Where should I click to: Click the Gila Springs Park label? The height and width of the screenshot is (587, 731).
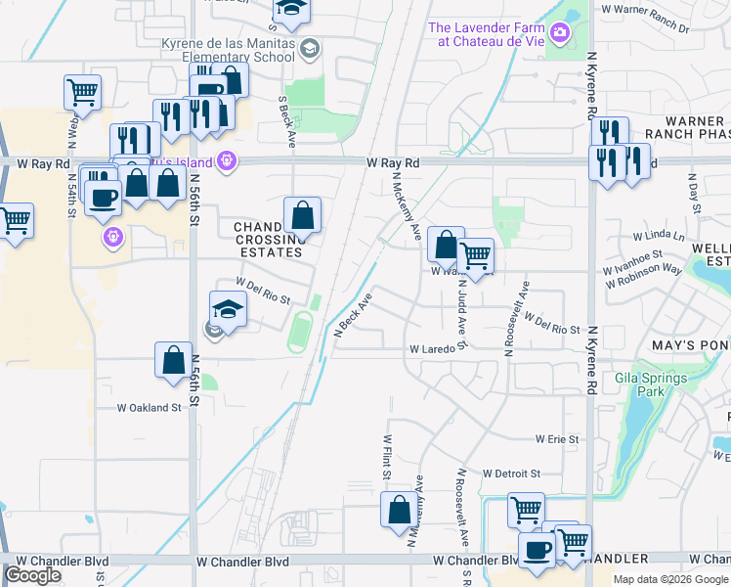(651, 384)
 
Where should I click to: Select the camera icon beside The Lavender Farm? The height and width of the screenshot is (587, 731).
(560, 33)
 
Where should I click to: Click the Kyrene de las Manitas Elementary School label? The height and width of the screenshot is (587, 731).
(229, 51)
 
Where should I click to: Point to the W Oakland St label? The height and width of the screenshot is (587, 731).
(150, 407)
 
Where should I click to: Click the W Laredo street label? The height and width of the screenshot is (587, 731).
(434, 348)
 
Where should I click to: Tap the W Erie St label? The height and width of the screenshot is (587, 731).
(557, 440)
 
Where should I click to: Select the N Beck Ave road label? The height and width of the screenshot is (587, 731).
(355, 315)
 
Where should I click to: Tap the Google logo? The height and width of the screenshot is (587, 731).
(32, 575)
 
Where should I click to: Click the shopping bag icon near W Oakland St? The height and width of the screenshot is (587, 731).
(173, 359)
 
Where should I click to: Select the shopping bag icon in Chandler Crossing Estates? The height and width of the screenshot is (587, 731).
(303, 214)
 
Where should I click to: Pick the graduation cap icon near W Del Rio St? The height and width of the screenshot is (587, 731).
(228, 309)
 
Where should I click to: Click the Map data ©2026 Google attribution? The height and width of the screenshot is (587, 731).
(670, 579)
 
